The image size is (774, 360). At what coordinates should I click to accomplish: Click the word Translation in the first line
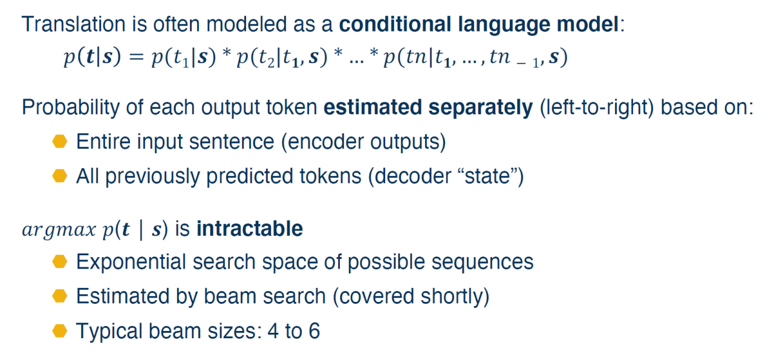pos(74,24)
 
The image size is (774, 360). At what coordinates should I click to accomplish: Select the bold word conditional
pos(395,24)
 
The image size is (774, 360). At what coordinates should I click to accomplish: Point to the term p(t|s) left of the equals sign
pos(93,57)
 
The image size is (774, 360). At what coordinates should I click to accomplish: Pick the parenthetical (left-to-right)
pos(597,108)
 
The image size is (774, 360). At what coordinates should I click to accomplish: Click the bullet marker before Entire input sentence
pos(60,142)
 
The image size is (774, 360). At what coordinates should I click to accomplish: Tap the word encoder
pos(325,142)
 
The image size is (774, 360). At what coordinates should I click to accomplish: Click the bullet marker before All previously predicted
pos(60,175)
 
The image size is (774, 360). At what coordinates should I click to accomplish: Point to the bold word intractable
pos(250,229)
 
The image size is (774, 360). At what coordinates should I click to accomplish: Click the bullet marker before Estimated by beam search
pos(60,296)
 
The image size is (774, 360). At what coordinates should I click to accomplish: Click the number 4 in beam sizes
pos(273,331)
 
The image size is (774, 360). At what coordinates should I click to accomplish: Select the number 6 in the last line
pos(314,331)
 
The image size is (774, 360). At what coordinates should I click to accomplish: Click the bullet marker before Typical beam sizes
pos(60,330)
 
